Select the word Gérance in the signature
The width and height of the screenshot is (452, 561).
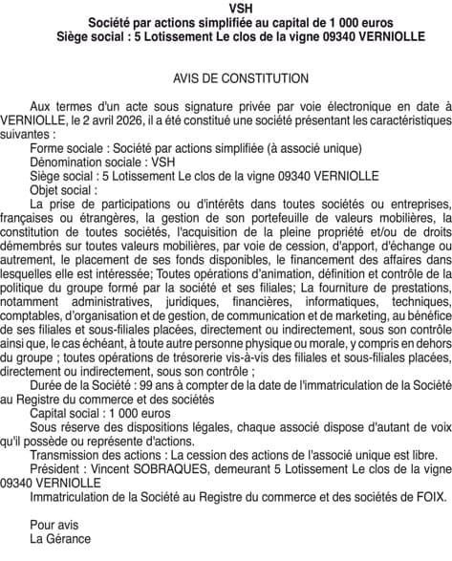(x=74, y=538)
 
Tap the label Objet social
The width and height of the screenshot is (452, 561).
(x=63, y=188)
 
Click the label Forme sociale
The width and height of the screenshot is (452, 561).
(x=69, y=147)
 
